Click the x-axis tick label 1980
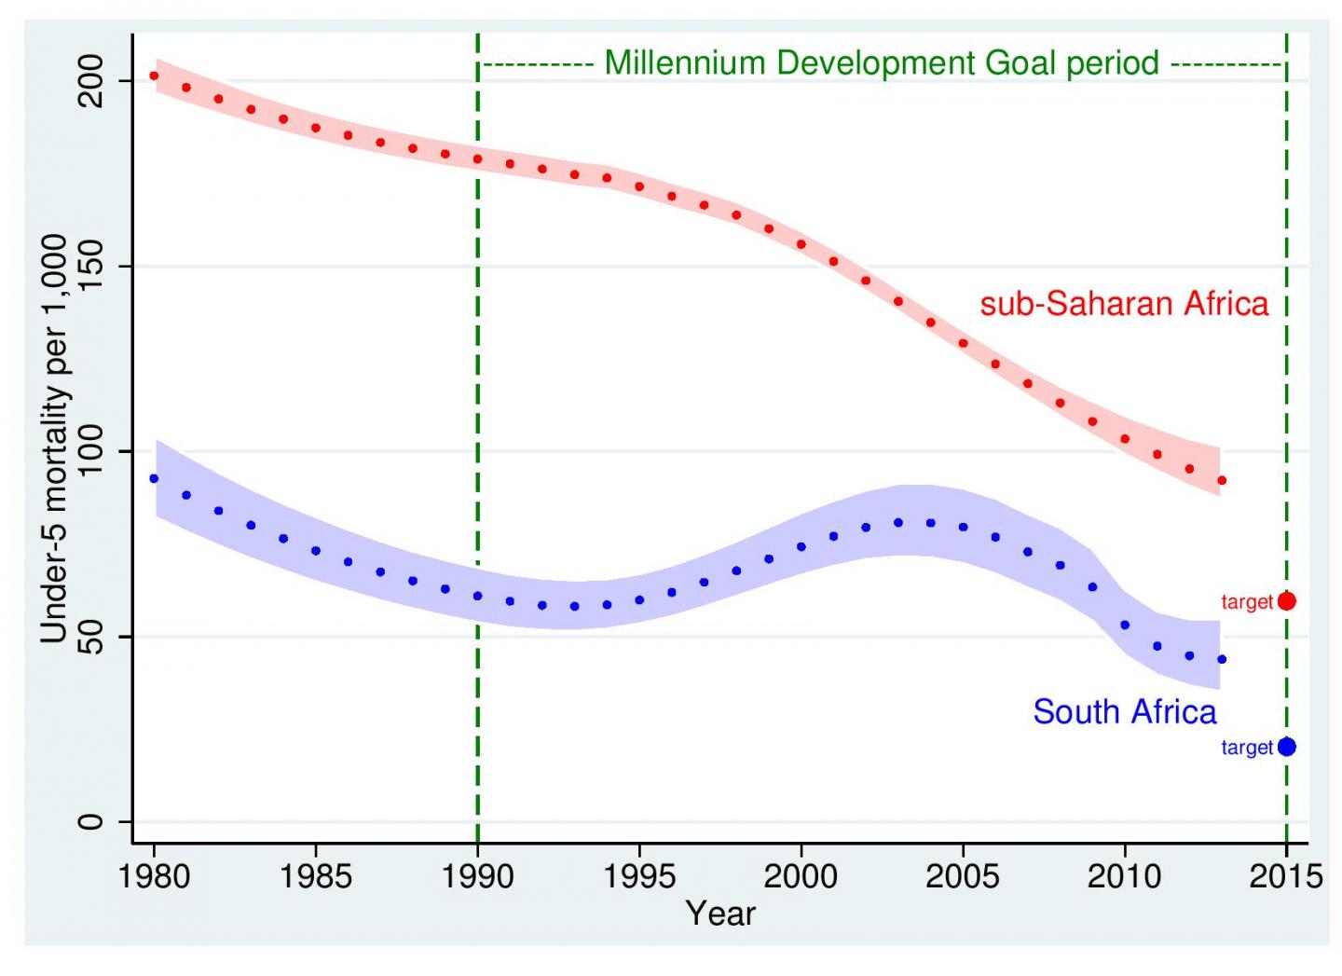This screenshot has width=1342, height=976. click(x=154, y=876)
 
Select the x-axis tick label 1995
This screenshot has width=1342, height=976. click(x=639, y=876)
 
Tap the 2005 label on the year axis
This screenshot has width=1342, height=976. click(x=963, y=876)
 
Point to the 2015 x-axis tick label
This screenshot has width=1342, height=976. click(x=1286, y=876)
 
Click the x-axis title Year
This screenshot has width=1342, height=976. click(x=719, y=913)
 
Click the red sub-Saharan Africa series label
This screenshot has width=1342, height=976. click(x=1124, y=304)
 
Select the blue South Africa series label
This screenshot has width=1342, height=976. click(x=1124, y=712)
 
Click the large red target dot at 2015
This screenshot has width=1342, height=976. click(x=1286, y=601)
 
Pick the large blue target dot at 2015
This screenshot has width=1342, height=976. click(x=1286, y=747)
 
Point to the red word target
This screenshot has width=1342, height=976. click(x=1246, y=602)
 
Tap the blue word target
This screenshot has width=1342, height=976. click(x=1246, y=748)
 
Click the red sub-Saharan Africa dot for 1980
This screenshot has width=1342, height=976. click(x=154, y=76)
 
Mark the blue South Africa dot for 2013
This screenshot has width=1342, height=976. click(x=1222, y=659)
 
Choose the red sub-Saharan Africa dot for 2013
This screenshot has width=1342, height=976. click(x=1222, y=480)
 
